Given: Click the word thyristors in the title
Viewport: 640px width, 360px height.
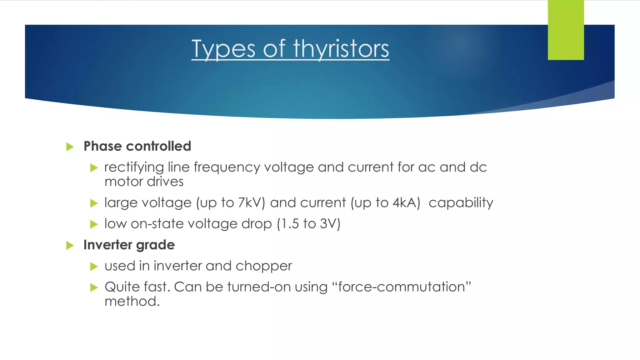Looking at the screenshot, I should (341, 49).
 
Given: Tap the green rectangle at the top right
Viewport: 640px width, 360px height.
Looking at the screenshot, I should (566, 30).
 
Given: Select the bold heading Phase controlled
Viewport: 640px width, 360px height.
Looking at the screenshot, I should (137, 146).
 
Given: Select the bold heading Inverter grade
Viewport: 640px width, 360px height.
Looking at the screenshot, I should (129, 245).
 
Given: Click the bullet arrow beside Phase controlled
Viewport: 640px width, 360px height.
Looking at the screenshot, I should (70, 147).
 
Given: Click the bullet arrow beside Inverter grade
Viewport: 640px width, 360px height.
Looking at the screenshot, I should (70, 245).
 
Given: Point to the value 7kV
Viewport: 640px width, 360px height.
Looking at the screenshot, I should (251, 203).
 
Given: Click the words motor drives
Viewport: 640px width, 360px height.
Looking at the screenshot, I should (144, 182).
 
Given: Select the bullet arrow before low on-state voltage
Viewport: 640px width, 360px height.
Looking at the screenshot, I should (94, 224).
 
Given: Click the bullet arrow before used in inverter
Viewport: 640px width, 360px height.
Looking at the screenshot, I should (94, 267).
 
